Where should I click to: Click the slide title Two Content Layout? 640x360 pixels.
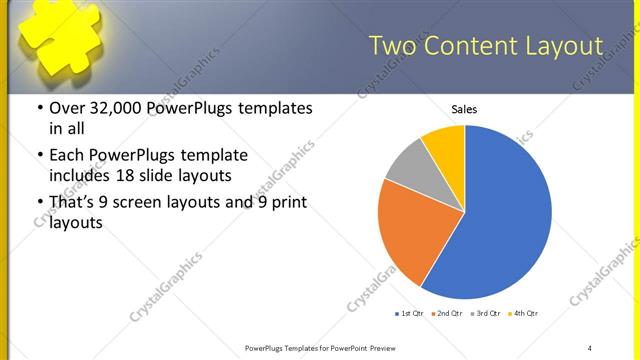pos(486,47)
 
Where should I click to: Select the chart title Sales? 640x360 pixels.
pos(464,109)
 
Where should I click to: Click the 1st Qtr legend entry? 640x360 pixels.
pos(410,314)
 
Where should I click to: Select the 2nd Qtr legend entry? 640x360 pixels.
pos(447,314)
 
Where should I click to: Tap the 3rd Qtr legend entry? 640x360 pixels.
pos(485,314)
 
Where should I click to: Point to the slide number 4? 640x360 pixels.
pos(590,347)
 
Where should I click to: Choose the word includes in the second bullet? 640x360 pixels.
pos(81,176)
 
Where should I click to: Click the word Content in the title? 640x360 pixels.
pos(474,47)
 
